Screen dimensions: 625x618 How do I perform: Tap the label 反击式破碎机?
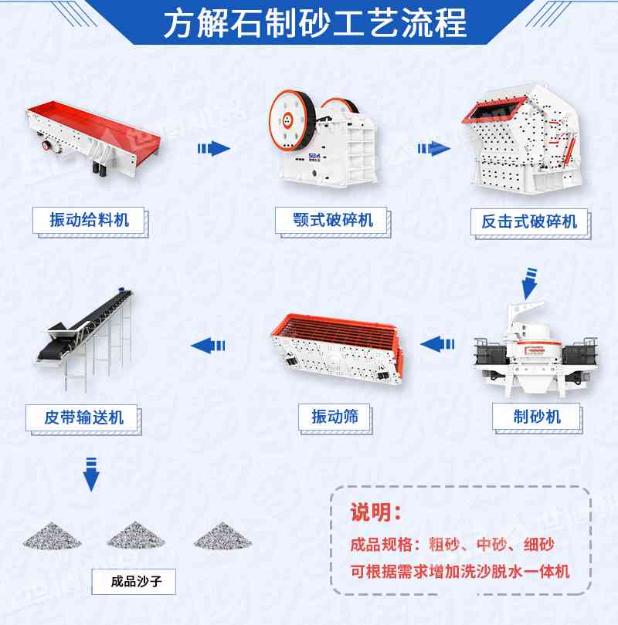[529, 221]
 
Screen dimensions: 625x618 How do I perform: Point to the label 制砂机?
[537, 417]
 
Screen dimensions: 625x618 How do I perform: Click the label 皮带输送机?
[85, 417]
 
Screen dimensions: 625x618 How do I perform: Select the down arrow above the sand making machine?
[529, 283]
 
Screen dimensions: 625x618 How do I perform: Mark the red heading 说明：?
[376, 512]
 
